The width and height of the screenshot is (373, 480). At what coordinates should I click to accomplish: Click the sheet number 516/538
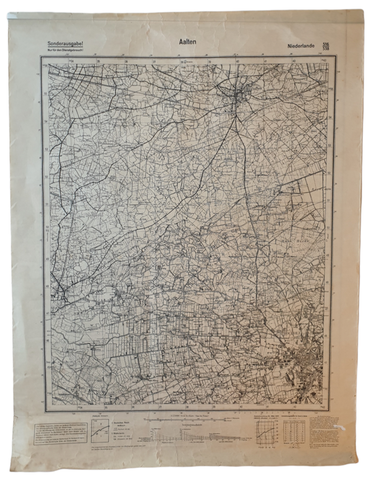pos(326,45)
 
